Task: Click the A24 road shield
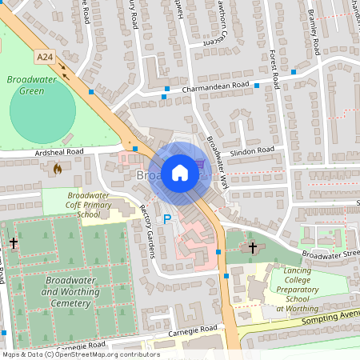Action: coord(45,57)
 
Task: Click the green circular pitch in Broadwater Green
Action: coord(43,114)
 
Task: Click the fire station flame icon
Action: coord(56,169)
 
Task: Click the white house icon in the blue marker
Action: coord(180,172)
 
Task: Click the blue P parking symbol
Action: coord(167,218)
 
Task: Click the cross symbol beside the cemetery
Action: coord(14,242)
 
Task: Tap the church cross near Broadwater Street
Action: coord(253,247)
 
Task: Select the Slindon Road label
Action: coord(251,150)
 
